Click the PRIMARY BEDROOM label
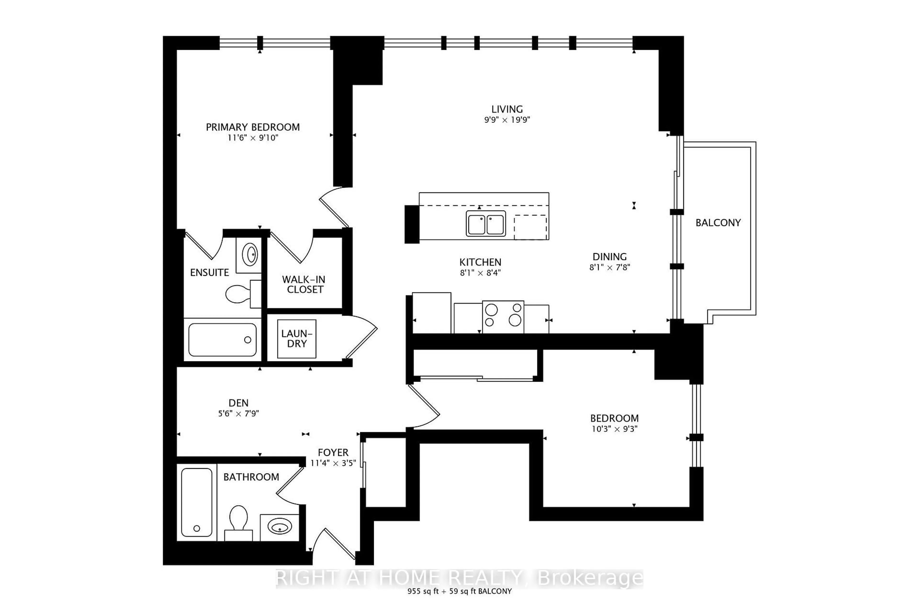[252, 127]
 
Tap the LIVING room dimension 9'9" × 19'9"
[507, 120]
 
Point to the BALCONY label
[718, 223]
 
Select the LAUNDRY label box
[297, 339]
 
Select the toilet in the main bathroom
[238, 522]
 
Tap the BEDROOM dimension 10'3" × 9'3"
[614, 429]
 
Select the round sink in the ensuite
[250, 255]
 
